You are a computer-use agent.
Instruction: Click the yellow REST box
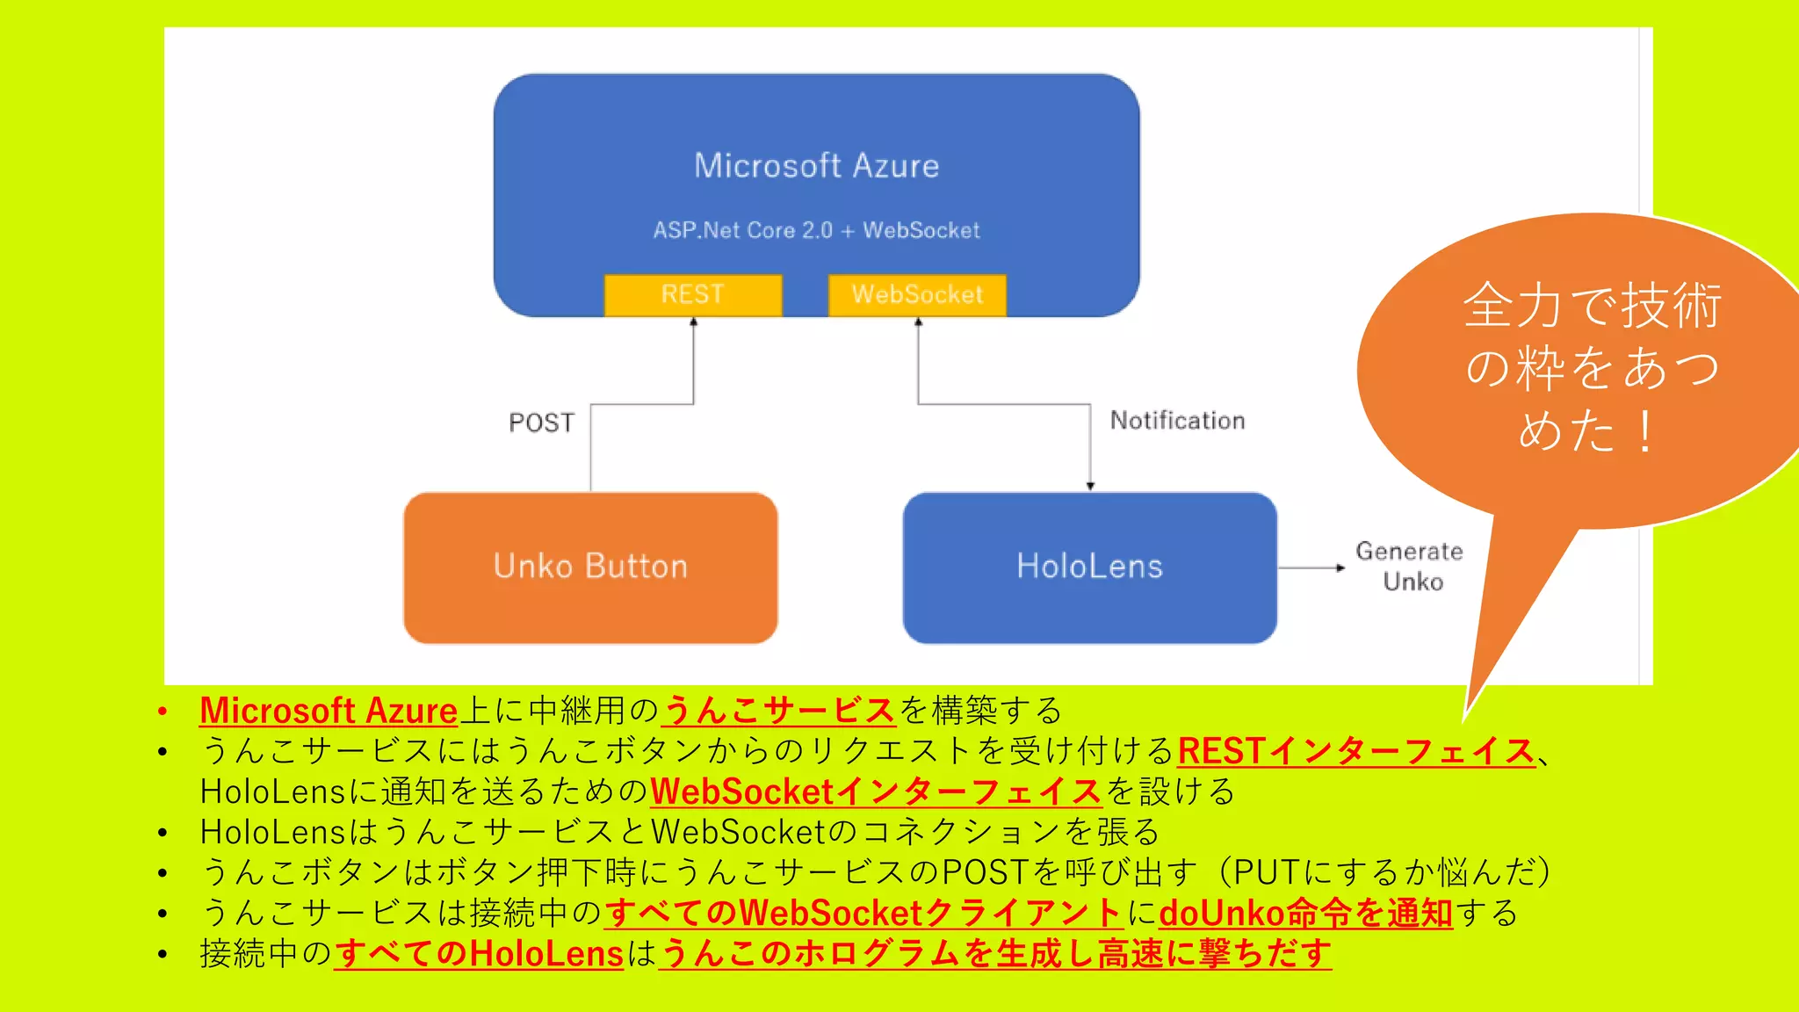693,295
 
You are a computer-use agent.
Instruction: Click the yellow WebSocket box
917,295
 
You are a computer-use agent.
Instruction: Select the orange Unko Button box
590,567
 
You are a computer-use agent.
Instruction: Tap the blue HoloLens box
1089,567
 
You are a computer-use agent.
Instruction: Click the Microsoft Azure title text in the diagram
816,166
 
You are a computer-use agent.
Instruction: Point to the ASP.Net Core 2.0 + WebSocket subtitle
816,231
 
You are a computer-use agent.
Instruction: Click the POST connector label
541,423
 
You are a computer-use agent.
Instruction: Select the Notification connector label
1177,421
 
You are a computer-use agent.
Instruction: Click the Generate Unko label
1410,567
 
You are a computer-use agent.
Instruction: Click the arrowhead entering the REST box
694,322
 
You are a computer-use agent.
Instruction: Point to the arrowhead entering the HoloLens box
1090,486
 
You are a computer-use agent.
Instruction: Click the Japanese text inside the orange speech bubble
1592,367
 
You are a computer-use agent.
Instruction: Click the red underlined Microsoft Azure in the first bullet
329,711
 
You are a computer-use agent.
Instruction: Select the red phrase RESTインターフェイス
1356,752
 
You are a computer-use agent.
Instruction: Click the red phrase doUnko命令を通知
1305,914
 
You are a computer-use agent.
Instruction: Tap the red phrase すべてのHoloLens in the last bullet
479,954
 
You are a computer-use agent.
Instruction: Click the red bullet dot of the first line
163,712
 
